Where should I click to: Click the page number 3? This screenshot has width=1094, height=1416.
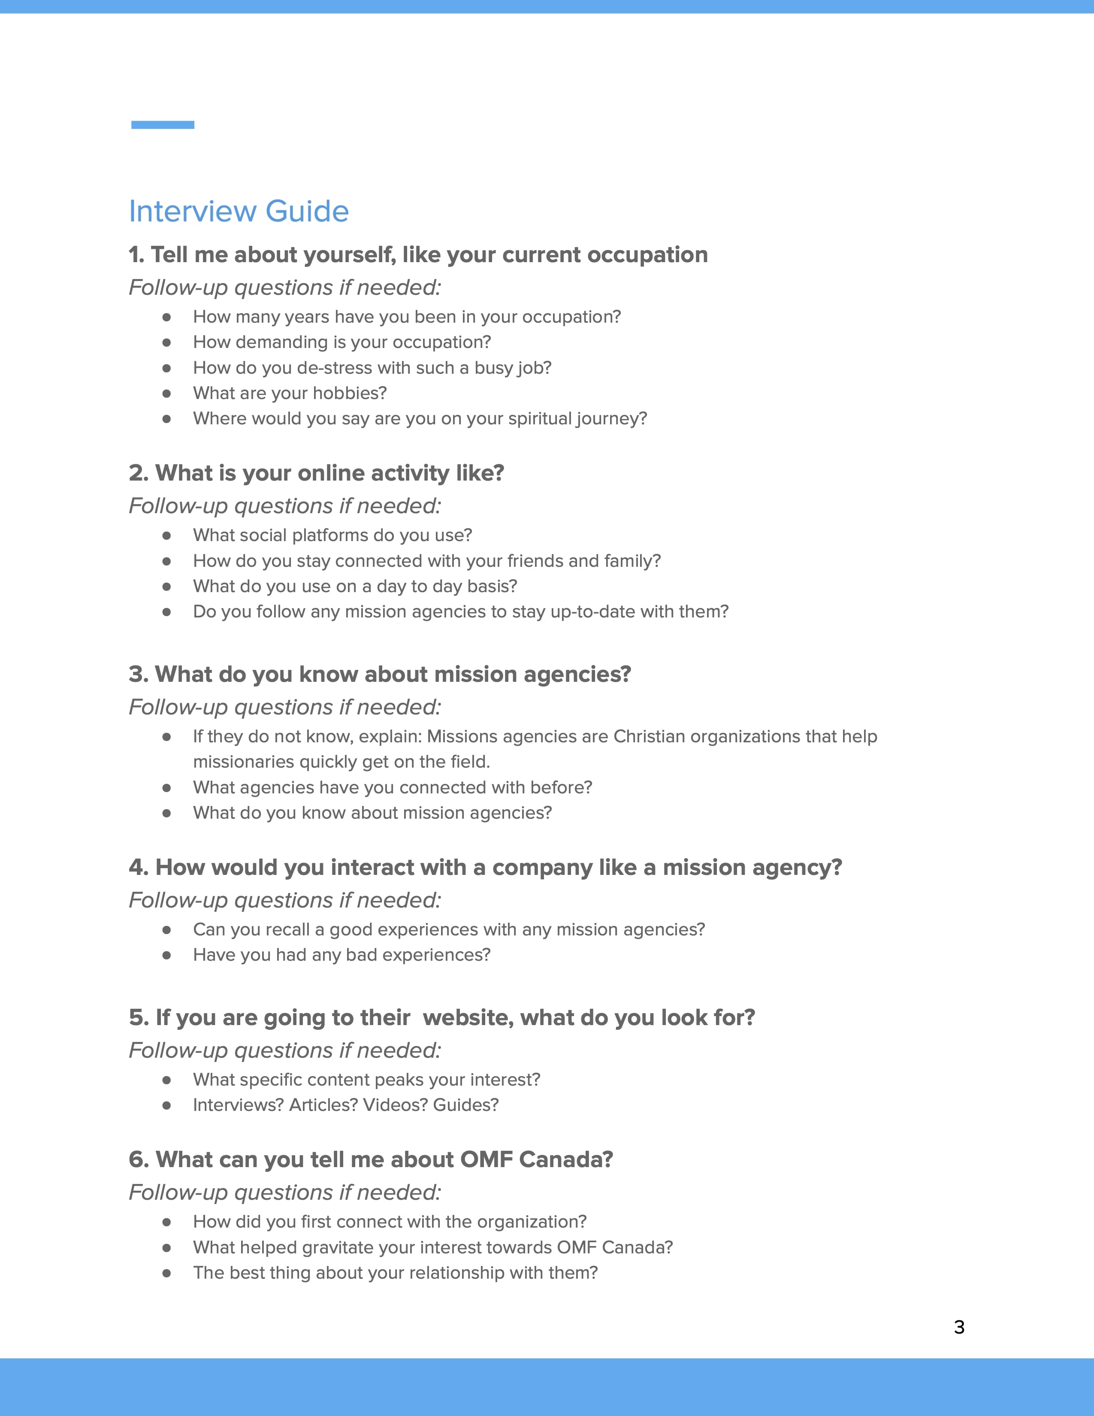959,1327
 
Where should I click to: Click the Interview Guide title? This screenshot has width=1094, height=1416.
239,212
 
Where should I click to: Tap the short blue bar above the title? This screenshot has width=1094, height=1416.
163,124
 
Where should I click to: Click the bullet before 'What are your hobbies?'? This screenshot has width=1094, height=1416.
166,393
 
